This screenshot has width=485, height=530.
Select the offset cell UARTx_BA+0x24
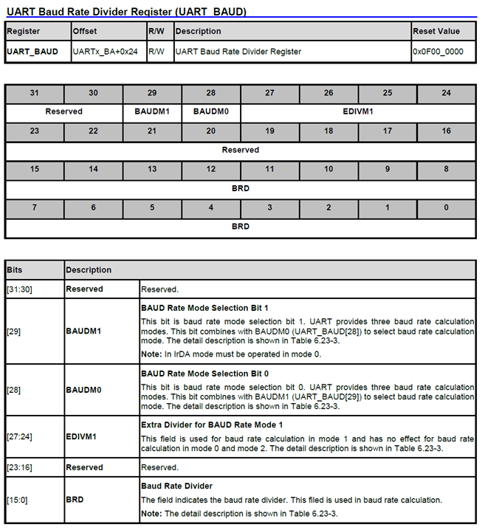tap(104, 52)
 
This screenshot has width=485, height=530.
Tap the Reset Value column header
tap(436, 32)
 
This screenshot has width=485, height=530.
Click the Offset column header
tap(85, 32)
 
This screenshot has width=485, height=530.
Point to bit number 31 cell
tap(35, 93)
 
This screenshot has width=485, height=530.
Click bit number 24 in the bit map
tap(446, 93)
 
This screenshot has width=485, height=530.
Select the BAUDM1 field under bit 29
tap(152, 111)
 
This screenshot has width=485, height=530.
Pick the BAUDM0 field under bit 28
tap(211, 111)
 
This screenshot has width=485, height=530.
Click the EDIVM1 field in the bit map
tap(358, 111)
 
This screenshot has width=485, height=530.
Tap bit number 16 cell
tap(446, 131)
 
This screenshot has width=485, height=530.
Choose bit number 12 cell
tap(211, 169)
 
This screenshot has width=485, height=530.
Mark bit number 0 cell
tap(446, 207)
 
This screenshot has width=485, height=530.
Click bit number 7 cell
tap(35, 207)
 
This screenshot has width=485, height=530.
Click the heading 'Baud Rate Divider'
tap(176, 486)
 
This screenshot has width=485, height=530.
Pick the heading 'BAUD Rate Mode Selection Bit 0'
tap(204, 374)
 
